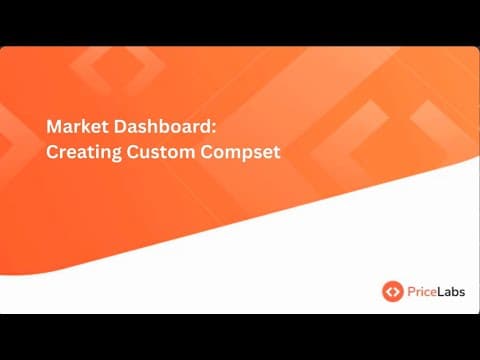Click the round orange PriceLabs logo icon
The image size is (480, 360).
point(393,291)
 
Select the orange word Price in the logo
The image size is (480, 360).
point(423,291)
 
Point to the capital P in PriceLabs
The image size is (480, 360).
point(411,291)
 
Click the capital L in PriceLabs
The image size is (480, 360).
point(442,291)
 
